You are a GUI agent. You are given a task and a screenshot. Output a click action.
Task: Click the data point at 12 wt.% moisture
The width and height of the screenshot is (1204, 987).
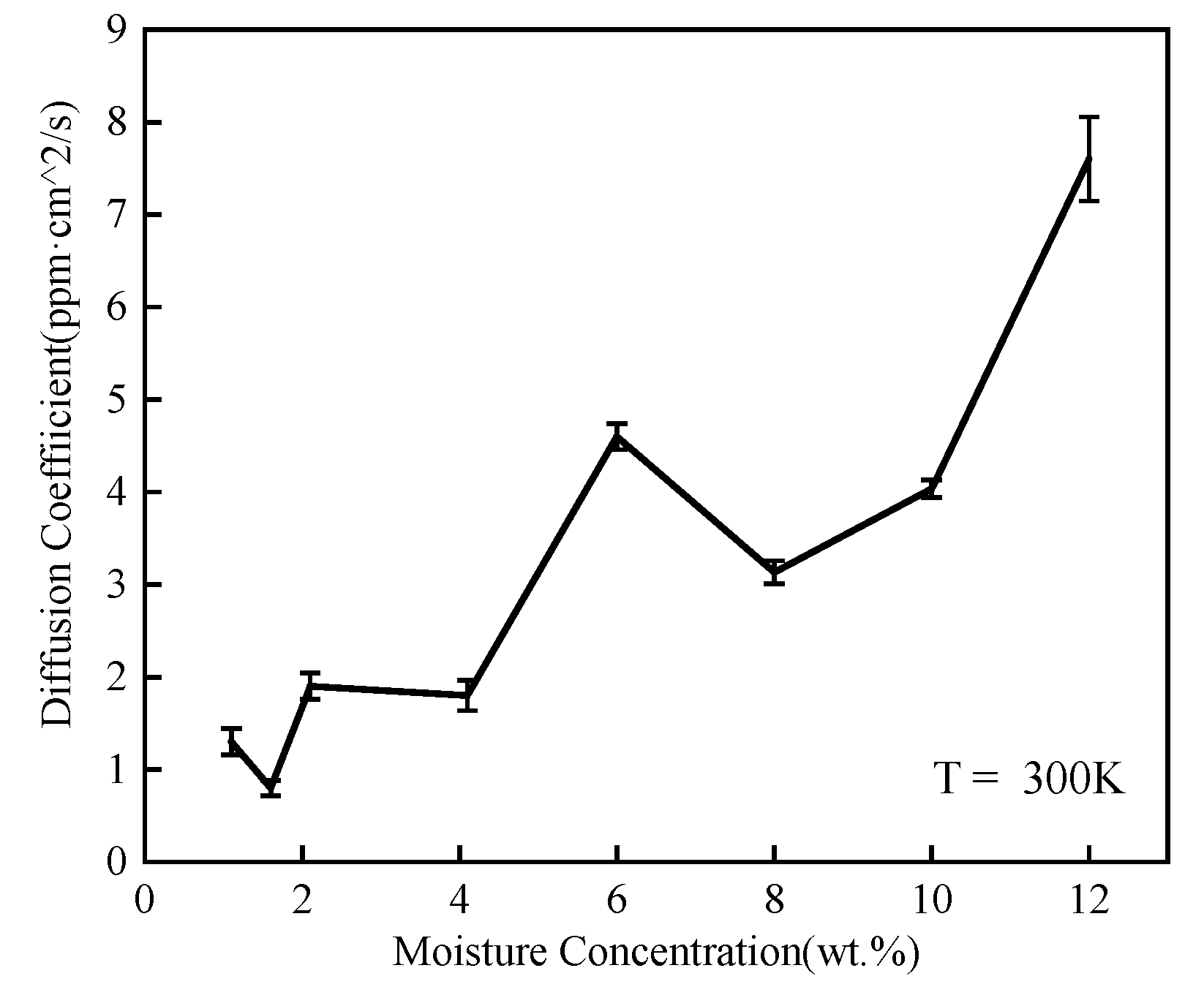(x=1089, y=159)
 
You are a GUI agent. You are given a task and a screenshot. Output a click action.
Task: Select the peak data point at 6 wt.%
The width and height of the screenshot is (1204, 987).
(x=617, y=437)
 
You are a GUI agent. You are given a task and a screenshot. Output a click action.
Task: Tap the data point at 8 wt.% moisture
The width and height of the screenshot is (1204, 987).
(x=774, y=572)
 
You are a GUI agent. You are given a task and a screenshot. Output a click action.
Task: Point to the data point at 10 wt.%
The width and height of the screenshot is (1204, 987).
(x=930, y=489)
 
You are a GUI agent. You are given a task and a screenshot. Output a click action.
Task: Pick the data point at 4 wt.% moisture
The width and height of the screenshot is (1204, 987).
(x=467, y=695)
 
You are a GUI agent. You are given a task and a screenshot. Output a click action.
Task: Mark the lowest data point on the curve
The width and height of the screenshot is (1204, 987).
(x=271, y=787)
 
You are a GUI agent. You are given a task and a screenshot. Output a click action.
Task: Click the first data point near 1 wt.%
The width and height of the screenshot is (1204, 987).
(x=231, y=742)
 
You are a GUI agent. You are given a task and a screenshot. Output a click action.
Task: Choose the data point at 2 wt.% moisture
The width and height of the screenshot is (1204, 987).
(x=310, y=686)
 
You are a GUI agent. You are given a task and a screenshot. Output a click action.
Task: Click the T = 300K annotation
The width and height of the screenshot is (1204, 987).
(x=1028, y=779)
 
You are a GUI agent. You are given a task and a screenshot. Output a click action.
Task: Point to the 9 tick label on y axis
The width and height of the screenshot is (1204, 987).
(x=117, y=31)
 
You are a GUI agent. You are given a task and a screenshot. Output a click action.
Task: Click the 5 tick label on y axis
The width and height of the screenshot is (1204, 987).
(x=117, y=400)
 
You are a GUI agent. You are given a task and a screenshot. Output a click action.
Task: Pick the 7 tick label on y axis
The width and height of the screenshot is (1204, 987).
(x=117, y=215)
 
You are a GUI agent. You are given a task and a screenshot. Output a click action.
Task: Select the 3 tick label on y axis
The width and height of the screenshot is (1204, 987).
(x=117, y=585)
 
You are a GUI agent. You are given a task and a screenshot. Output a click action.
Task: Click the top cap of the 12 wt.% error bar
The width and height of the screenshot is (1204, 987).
(x=1089, y=117)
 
